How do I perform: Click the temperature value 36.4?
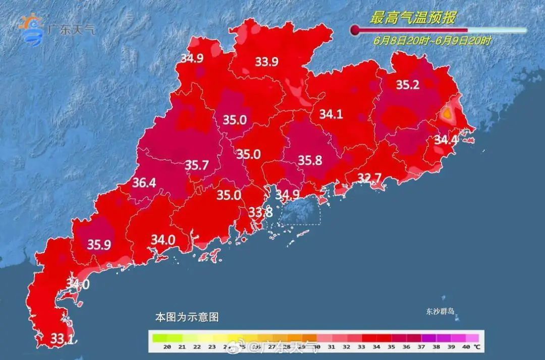(x=144, y=183)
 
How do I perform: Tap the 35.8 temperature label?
(x=310, y=161)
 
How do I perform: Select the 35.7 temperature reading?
(x=196, y=165)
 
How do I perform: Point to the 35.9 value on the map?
(x=99, y=245)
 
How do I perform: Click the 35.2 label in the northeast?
(x=407, y=85)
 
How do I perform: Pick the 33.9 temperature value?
(x=266, y=62)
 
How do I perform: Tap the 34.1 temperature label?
(x=331, y=115)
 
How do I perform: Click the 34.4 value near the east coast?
(x=446, y=139)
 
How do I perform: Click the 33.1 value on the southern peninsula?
(x=62, y=338)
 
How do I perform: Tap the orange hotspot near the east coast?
(x=447, y=115)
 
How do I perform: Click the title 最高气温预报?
(x=413, y=19)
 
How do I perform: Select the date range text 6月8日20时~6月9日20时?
(x=432, y=41)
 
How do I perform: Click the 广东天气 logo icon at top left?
(x=31, y=29)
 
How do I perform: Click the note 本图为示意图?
(x=186, y=318)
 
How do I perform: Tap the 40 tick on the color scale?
(x=466, y=347)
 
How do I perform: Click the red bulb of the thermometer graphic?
(x=355, y=30)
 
